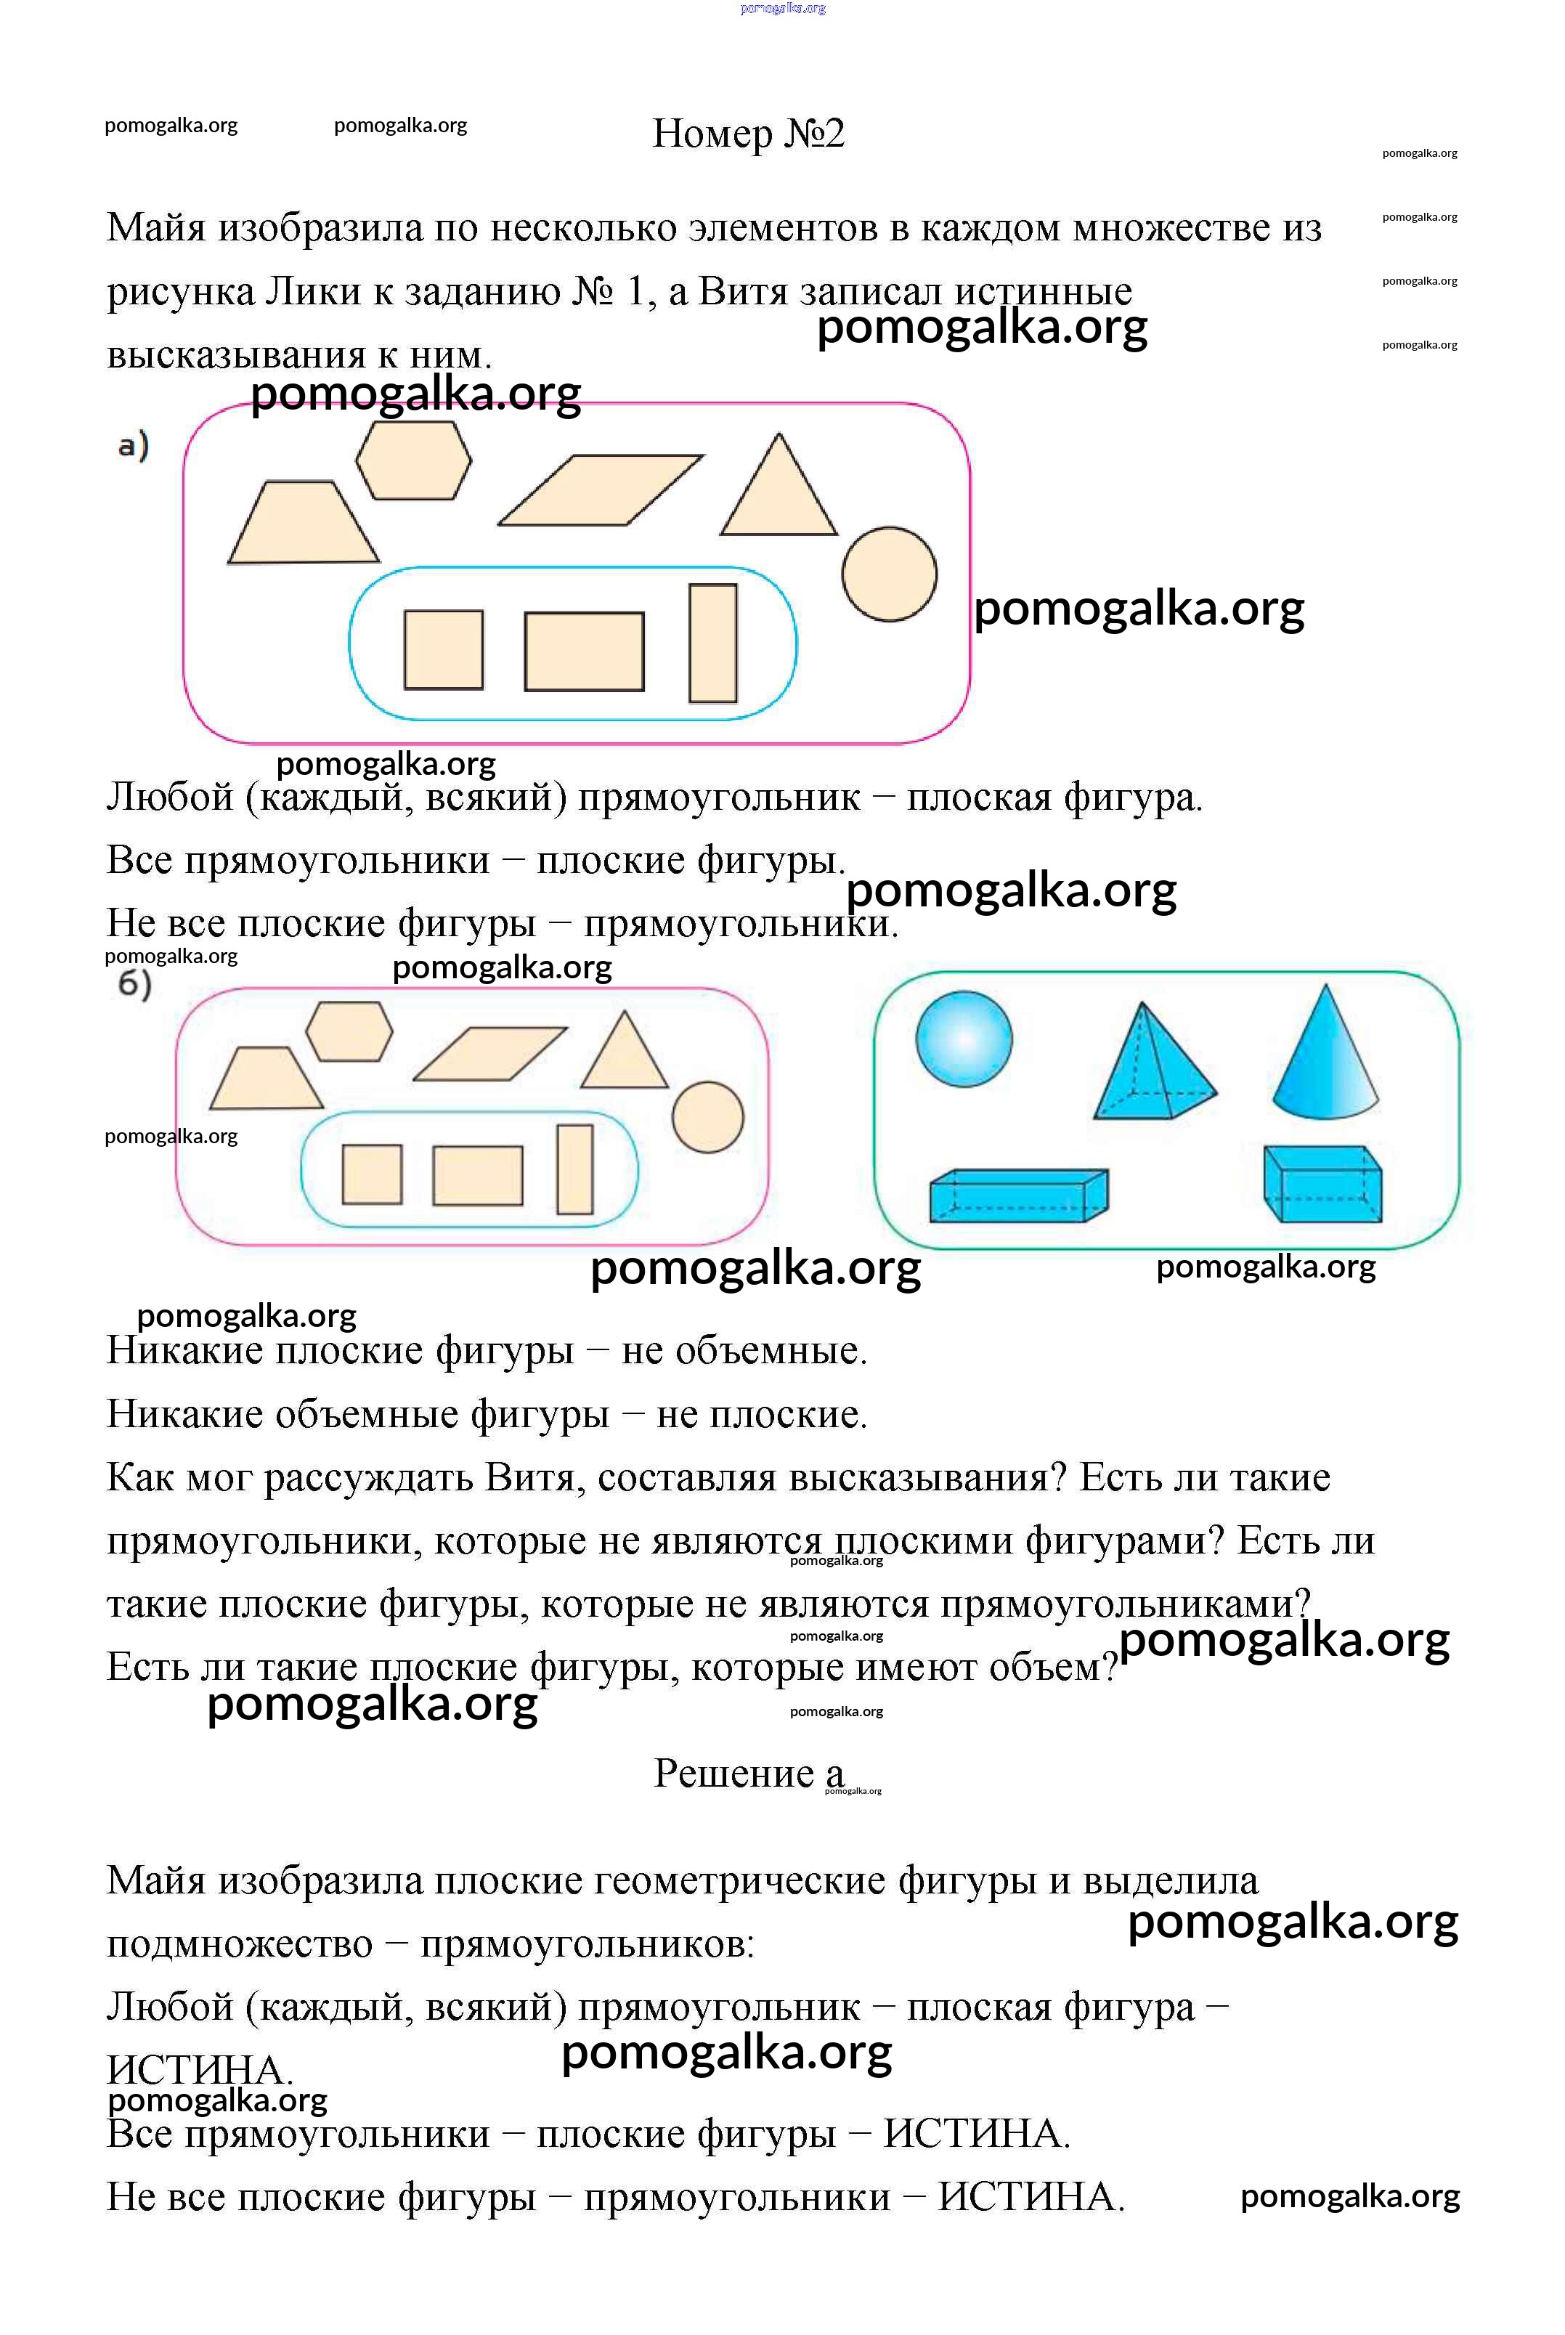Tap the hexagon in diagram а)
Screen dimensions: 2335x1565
tap(413, 460)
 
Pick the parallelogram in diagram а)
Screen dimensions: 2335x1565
tap(600, 490)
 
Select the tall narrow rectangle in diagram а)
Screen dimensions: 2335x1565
tap(712, 643)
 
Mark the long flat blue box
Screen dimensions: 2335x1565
tap(1018, 1195)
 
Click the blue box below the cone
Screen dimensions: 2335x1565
tap(1322, 1185)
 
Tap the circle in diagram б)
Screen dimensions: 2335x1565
tap(707, 1118)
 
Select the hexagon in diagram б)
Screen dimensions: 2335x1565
tap(349, 1031)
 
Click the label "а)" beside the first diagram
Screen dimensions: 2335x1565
tap(133, 445)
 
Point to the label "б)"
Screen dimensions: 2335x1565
tap(134, 985)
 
